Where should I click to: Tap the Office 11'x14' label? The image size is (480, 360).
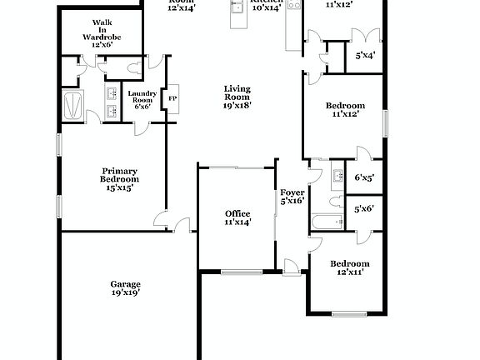click(x=237, y=218)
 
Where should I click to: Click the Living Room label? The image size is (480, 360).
click(x=237, y=97)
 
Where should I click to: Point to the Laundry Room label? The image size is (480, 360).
click(x=141, y=100)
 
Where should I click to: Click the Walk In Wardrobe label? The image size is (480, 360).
click(x=102, y=34)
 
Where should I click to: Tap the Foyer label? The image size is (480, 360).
click(x=292, y=196)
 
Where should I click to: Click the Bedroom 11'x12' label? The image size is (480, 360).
click(x=344, y=109)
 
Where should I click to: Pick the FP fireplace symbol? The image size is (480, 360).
click(x=173, y=99)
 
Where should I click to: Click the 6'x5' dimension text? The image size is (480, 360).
click(x=364, y=177)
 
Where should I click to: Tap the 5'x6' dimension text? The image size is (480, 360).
click(x=364, y=209)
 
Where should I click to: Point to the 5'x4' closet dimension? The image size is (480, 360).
click(x=365, y=56)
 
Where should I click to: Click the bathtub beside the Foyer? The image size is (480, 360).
click(x=327, y=222)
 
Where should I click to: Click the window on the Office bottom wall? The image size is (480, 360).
click(x=241, y=272)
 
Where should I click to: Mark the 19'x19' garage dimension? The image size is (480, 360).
click(x=125, y=292)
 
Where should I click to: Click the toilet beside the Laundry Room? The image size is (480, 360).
click(x=134, y=67)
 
